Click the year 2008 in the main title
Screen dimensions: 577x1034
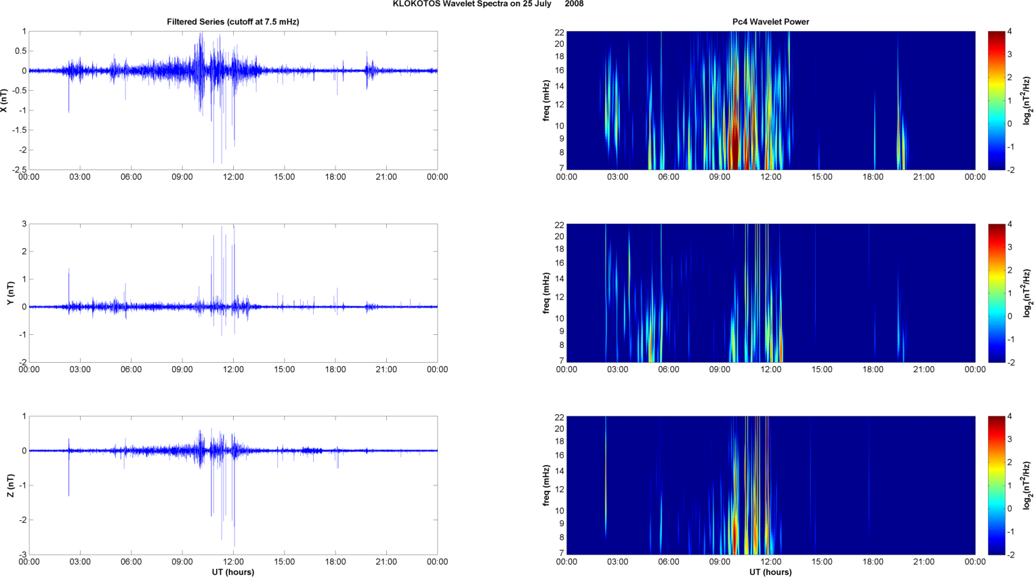574,4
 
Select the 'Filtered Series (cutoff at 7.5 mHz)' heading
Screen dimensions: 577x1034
233,22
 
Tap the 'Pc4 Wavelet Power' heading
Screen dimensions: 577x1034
770,22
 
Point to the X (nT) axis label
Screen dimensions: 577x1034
4,100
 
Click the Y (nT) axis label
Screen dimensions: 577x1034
10,293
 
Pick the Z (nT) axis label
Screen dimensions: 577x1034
10,485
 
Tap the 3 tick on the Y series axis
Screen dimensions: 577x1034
24,224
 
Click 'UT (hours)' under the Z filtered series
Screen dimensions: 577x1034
233,572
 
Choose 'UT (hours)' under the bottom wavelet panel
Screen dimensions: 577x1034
770,572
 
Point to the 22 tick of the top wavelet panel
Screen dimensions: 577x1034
559,32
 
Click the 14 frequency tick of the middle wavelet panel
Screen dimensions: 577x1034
559,279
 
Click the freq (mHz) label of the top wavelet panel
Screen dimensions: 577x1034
545,100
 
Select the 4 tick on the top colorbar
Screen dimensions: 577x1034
1010,32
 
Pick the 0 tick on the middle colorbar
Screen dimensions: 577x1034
1010,316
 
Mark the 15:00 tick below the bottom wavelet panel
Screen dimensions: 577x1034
822,561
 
